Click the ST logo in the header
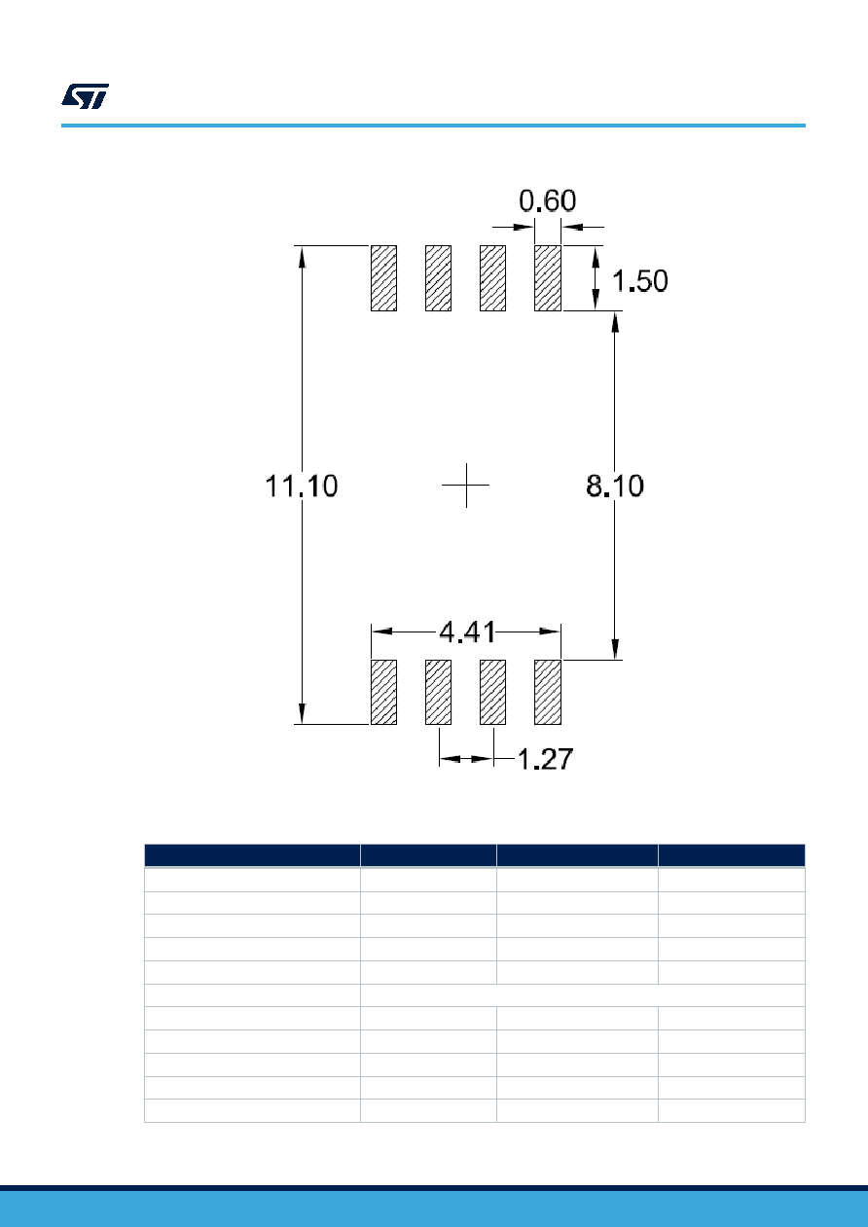(x=85, y=96)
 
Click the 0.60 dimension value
(x=547, y=201)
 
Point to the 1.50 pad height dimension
(x=639, y=281)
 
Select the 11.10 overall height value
(x=302, y=486)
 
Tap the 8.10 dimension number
(x=614, y=486)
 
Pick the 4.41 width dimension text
(x=467, y=632)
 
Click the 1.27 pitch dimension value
(x=545, y=759)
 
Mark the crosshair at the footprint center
(x=466, y=486)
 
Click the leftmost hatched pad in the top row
(x=384, y=278)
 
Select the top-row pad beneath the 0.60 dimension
(x=548, y=278)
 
